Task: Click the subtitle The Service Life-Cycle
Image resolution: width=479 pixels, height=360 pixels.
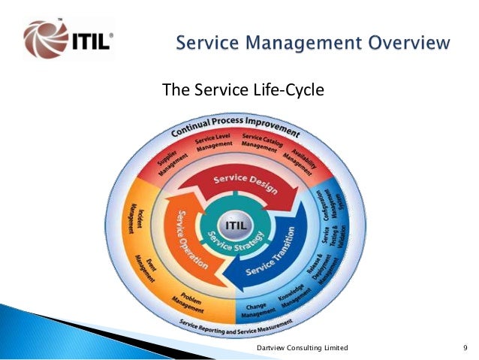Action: [x=243, y=91]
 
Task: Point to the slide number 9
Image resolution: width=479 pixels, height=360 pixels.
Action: [x=465, y=348]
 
